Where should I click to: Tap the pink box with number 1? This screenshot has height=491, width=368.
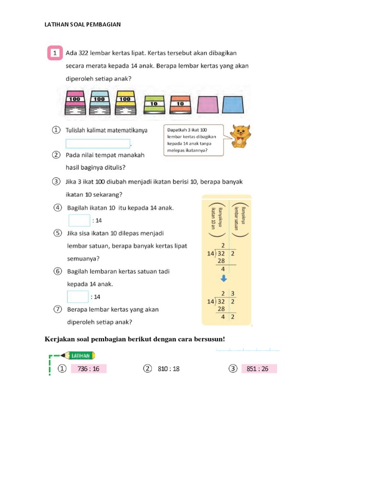pyautogui.click(x=56, y=53)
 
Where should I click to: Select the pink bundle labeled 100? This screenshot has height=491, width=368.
pyautogui.click(x=75, y=102)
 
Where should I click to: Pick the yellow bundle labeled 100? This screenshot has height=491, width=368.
pyautogui.click(x=125, y=102)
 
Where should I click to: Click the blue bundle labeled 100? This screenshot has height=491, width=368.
pyautogui.click(x=99, y=102)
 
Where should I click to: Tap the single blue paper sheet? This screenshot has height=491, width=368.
pyautogui.click(x=234, y=103)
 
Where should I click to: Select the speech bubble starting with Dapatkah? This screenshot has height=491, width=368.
pyautogui.click(x=193, y=140)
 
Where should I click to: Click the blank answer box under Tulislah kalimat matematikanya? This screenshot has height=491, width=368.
pyautogui.click(x=98, y=143)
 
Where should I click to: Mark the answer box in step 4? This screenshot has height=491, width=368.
pyautogui.click(x=79, y=221)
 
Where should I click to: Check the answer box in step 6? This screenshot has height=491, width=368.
pyautogui.click(x=78, y=297)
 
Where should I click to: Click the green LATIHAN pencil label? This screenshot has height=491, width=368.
pyautogui.click(x=77, y=355)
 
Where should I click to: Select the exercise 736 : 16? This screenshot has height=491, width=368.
pyautogui.click(x=88, y=369)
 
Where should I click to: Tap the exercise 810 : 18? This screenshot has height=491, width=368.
pyautogui.click(x=169, y=369)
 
